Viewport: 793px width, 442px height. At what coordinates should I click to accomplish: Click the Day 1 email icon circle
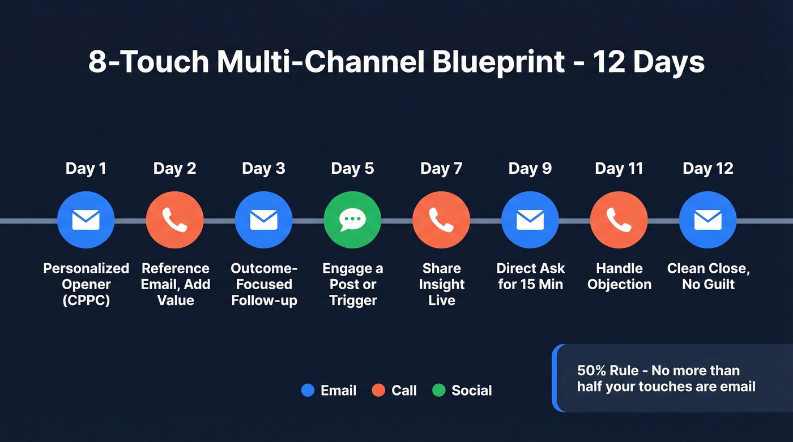tap(86, 220)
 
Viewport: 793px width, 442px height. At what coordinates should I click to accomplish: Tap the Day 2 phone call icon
tap(175, 220)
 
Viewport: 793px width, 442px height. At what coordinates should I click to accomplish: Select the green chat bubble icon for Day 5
tap(352, 220)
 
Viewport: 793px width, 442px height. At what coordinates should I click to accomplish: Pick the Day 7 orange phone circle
tap(441, 220)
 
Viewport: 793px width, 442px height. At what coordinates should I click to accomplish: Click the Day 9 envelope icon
tap(530, 220)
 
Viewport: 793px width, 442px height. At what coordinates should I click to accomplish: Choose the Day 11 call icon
tap(619, 220)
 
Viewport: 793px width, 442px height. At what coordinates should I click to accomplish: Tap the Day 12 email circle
tap(708, 220)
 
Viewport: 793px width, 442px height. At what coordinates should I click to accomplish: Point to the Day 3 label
tap(263, 169)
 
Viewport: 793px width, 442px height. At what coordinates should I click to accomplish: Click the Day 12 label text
tap(708, 169)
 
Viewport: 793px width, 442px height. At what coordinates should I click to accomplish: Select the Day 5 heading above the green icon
tap(352, 169)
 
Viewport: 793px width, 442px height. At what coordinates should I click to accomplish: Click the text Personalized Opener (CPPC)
tap(86, 284)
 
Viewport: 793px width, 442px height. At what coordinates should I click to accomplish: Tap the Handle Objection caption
tap(619, 276)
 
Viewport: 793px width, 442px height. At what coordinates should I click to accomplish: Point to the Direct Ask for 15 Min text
tap(530, 276)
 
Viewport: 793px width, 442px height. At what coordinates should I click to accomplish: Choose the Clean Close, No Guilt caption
tap(708, 276)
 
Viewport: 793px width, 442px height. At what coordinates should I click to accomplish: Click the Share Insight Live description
tap(441, 284)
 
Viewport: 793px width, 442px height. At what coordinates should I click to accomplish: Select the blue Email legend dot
tap(308, 390)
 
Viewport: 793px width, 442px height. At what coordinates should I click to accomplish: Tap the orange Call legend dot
tap(378, 390)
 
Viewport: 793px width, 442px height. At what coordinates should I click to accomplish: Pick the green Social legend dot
tap(438, 390)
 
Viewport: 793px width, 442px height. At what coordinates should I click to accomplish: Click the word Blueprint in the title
tap(498, 62)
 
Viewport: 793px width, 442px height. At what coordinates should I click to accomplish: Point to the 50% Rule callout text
tap(666, 379)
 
